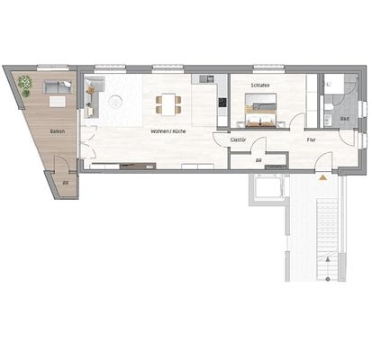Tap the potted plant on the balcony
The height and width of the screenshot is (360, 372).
click(24, 84)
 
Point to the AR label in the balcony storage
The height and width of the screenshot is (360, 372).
click(65, 183)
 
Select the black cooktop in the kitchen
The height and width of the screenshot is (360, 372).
click(205, 78)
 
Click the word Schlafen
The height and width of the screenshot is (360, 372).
click(260, 85)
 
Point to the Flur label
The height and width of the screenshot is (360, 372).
click(310, 139)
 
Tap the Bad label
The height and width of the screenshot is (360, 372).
click(344, 118)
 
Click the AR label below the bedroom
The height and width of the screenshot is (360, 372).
click(259, 160)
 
